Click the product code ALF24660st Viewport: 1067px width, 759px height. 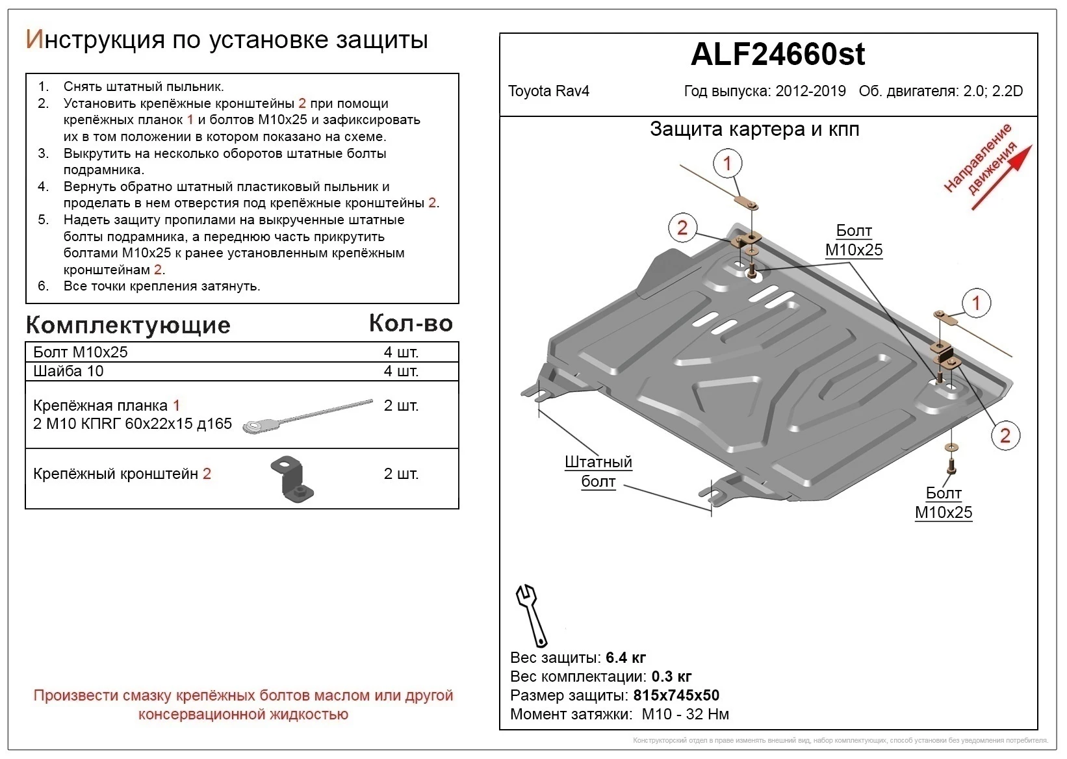point(777,55)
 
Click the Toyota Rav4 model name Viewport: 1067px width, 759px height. point(548,91)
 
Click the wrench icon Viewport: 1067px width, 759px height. point(531,614)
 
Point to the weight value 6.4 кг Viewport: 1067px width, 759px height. point(625,658)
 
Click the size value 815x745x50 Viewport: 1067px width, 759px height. point(676,695)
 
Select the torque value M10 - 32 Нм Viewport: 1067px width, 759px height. point(685,714)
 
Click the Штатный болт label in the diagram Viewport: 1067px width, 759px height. point(598,472)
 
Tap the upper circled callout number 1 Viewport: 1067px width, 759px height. point(727,163)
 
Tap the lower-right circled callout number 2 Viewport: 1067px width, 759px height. point(1005,435)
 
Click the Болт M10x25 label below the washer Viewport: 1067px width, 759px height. point(943,503)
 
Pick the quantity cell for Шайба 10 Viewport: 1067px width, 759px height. point(401,371)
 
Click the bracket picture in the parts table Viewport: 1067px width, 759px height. point(292,479)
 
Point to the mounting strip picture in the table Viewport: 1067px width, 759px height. point(307,416)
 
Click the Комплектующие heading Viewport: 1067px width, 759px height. point(128,325)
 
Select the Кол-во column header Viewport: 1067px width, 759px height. point(411,323)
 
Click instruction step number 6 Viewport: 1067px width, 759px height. point(44,286)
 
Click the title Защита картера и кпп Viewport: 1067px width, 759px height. point(754,129)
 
